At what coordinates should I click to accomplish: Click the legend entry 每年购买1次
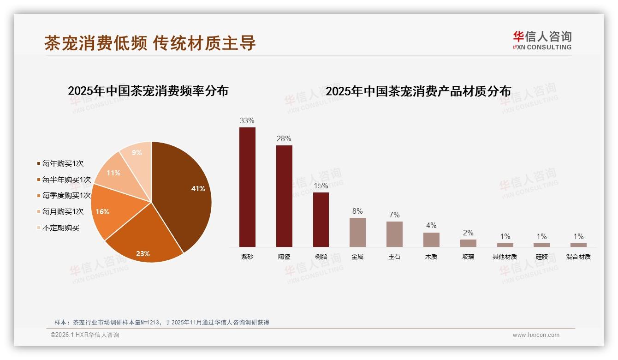[x=63, y=164]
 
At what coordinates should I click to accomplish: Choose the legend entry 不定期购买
[x=60, y=228]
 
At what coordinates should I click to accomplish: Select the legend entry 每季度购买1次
[x=66, y=196]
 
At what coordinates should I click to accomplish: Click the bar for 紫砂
[x=247, y=187]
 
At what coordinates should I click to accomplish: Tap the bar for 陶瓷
[x=284, y=196]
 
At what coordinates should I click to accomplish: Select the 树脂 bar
[x=321, y=220]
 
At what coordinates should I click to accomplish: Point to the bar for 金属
[x=357, y=232]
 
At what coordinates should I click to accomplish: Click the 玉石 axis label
[x=394, y=257]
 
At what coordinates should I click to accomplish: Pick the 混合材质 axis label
[x=578, y=257]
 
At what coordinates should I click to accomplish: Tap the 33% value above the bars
[x=247, y=121]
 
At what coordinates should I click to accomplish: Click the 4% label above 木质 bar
[x=431, y=226]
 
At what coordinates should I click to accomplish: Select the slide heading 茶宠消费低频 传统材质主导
[x=150, y=43]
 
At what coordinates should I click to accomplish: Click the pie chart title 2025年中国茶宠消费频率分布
[x=148, y=91]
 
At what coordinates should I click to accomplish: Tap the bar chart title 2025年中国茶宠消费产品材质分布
[x=418, y=91]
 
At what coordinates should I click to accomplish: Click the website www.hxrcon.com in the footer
[x=536, y=335]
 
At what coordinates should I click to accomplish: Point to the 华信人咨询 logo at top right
[x=542, y=40]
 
